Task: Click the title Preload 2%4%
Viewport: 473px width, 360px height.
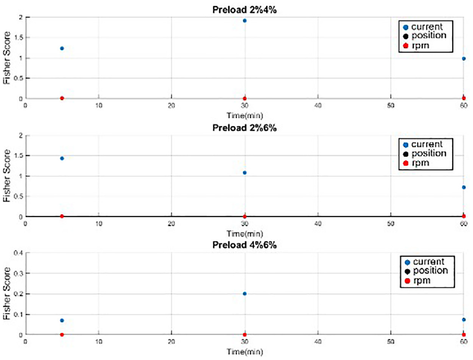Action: tap(245, 10)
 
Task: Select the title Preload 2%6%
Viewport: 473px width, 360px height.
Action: tap(245, 128)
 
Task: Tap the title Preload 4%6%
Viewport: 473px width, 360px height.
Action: tap(245, 245)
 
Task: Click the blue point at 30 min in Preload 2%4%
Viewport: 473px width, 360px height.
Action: tap(245, 21)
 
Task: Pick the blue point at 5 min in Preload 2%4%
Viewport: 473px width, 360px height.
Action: tap(62, 48)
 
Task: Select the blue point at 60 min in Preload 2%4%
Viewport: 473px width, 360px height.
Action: tap(463, 59)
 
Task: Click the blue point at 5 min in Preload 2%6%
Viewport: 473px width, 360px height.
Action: tap(62, 158)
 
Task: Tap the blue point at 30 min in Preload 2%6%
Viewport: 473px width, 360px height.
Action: tap(245, 173)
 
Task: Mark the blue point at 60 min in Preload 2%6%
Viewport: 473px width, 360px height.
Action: tap(463, 188)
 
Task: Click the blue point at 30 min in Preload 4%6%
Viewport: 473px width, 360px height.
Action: tap(245, 294)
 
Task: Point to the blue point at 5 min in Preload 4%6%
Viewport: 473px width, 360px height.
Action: tap(62, 321)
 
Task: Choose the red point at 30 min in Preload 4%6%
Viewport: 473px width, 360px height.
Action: tap(245, 335)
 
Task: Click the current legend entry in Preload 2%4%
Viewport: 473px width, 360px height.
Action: tap(423, 27)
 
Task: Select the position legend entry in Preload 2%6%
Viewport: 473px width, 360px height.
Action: tap(424, 154)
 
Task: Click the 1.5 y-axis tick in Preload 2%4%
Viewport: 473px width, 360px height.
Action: tap(19, 38)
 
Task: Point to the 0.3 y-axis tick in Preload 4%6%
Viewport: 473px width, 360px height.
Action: tap(18, 273)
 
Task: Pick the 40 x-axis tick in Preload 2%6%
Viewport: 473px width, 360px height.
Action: tap(318, 223)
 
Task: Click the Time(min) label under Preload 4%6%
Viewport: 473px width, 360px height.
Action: tap(245, 352)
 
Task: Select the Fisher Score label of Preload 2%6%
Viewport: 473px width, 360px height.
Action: tap(7, 176)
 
